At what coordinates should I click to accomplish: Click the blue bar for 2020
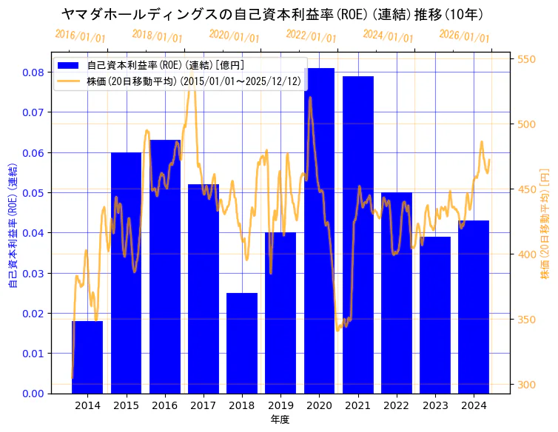[319, 230]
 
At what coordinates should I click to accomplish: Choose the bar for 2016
[164, 266]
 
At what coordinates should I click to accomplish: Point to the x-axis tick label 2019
[280, 405]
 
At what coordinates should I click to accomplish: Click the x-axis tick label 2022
[396, 405]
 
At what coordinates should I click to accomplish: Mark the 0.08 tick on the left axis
[33, 72]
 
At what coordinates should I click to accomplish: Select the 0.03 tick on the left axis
[33, 273]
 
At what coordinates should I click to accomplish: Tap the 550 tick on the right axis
[527, 59]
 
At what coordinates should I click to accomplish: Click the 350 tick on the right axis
[527, 320]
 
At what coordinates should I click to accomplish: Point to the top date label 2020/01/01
[234, 36]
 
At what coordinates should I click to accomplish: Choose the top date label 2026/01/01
[464, 36]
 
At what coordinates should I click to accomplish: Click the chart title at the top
[272, 14]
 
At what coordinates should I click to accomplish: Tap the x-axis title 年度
[280, 419]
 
